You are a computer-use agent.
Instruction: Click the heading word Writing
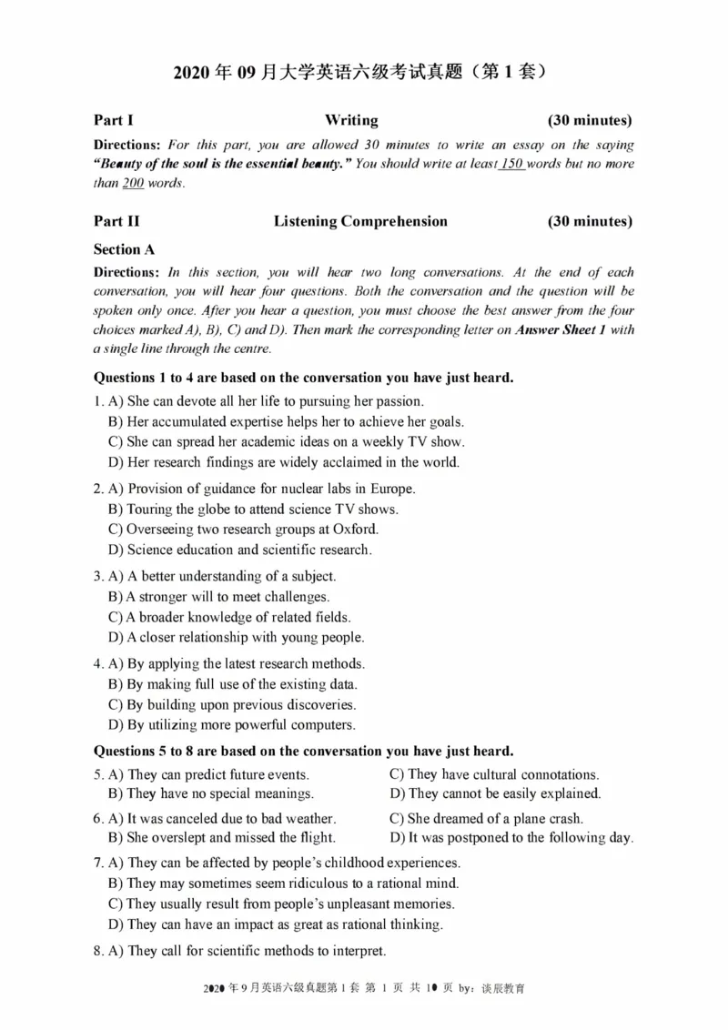351,120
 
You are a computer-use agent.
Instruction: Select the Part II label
116,221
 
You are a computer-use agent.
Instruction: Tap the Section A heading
117,248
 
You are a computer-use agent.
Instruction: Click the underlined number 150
513,164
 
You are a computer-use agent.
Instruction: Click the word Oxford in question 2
357,530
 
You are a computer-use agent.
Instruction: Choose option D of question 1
283,462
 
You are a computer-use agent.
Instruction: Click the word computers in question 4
324,725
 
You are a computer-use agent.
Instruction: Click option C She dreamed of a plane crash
486,819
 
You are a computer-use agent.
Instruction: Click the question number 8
98,951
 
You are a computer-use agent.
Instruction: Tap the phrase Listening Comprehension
360,221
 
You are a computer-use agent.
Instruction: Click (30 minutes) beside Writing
590,120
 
